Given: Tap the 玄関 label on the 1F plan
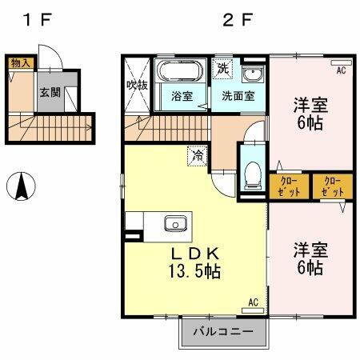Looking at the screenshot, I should [50, 92].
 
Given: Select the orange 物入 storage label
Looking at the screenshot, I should [19, 62].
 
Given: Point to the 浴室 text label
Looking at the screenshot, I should [182, 97].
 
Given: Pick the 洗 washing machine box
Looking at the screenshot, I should [223, 69].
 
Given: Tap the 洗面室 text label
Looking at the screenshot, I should [238, 97].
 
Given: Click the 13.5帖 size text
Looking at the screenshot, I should [194, 272].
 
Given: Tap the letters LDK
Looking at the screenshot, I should [194, 253].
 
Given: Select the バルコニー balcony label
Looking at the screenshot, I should [222, 331].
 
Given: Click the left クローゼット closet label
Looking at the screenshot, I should [290, 186].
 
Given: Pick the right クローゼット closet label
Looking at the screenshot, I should [332, 186].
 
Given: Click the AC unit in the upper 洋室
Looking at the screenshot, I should [340, 62].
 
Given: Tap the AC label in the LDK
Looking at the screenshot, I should [253, 302].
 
